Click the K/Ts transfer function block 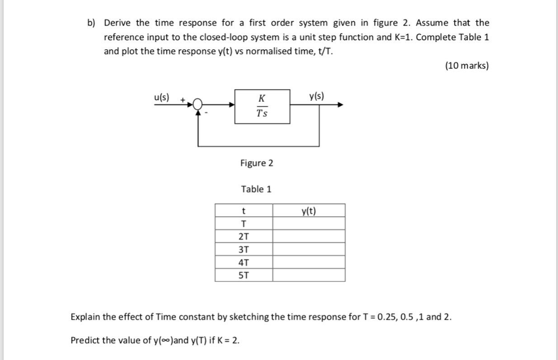tap(262, 106)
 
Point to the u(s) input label tap(161, 97)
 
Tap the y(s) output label tap(316, 97)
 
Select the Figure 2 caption tap(257, 163)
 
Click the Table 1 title tap(256, 189)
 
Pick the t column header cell tap(244, 210)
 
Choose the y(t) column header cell tap(308, 210)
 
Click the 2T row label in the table tap(244, 236)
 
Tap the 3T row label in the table tap(244, 249)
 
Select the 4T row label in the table tap(244, 262)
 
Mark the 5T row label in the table tap(244, 275)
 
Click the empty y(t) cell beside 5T tap(308, 275)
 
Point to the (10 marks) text tap(467, 66)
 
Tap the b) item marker tap(91, 23)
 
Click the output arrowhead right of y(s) tap(340, 105)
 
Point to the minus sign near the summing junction tap(207, 113)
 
